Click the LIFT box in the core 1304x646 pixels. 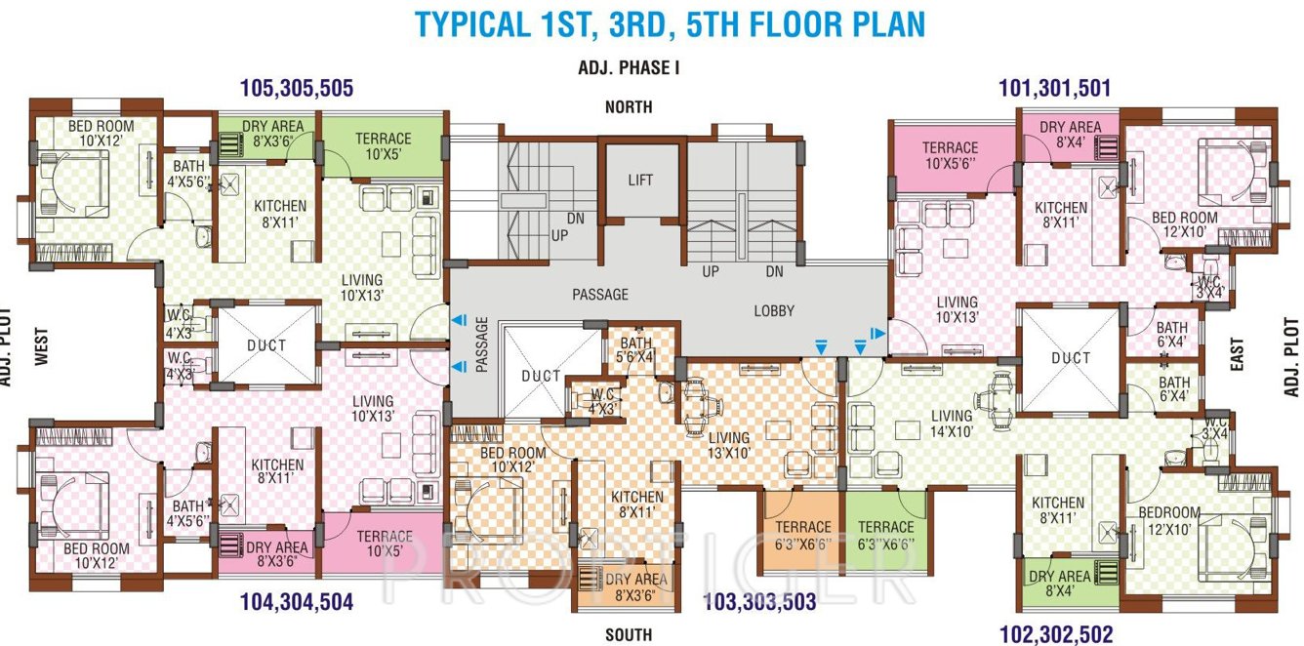[640, 181]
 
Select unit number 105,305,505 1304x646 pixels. [296, 89]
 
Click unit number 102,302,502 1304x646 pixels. [1055, 634]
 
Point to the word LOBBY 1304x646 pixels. [774, 311]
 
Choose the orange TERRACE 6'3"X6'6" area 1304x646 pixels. [802, 536]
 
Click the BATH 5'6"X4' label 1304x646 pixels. [635, 350]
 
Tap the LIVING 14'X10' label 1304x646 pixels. [951, 425]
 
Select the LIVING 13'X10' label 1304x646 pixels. [729, 446]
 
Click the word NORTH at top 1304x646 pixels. [629, 107]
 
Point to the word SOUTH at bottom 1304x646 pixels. [629, 635]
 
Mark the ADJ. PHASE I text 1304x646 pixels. [629, 68]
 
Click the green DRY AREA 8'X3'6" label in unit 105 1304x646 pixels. [265, 134]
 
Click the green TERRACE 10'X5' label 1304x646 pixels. [383, 146]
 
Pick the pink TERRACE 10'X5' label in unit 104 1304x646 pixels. [384, 545]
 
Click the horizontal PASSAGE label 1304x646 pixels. [599, 294]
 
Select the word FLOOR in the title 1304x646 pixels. [776, 23]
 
